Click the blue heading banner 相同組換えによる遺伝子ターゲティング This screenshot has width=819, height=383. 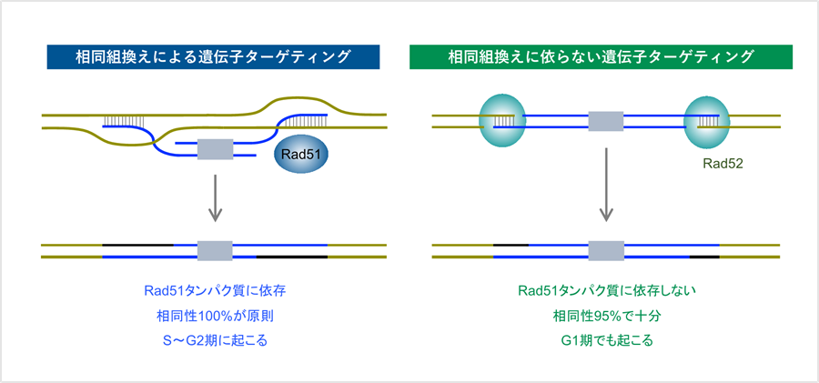pyautogui.click(x=214, y=56)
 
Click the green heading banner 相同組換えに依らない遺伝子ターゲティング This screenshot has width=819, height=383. pyautogui.click(x=602, y=56)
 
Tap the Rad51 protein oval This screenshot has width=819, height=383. pyautogui.click(x=300, y=156)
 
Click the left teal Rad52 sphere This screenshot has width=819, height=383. pyautogui.click(x=502, y=120)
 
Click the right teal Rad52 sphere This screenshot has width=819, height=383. pyautogui.click(x=707, y=120)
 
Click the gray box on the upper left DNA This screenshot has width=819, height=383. pyautogui.click(x=215, y=148)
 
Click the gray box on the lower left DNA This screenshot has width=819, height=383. pyautogui.click(x=215, y=251)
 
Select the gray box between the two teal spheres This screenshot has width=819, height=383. pyautogui.click(x=606, y=121)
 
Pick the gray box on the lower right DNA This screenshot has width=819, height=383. pyautogui.click(x=606, y=251)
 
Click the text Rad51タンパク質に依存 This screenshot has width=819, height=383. pyautogui.click(x=215, y=292)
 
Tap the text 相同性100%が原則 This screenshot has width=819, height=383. pyautogui.click(x=215, y=317)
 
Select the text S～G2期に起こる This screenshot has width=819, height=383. pyautogui.click(x=215, y=341)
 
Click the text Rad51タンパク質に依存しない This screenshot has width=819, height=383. pyautogui.click(x=606, y=292)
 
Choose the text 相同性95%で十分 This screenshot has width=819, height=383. pyautogui.click(x=606, y=317)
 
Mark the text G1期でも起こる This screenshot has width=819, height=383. pyautogui.click(x=606, y=341)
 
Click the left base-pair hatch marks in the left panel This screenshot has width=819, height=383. pyautogui.click(x=127, y=120)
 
